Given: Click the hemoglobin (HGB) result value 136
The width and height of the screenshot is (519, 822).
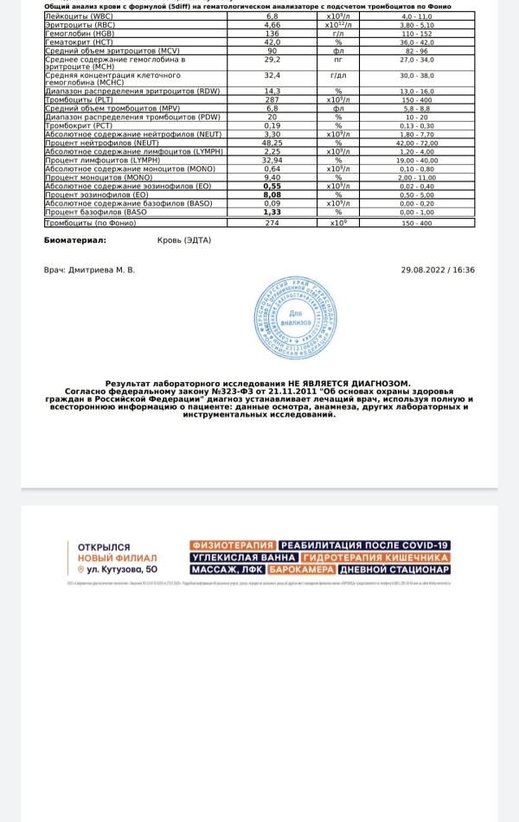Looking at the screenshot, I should click(x=272, y=33).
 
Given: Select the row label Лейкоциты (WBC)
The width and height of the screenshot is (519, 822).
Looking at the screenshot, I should click(x=75, y=16).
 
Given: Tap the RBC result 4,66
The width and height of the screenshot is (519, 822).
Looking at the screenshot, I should click(x=272, y=24).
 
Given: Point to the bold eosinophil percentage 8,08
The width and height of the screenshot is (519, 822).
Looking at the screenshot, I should click(x=272, y=195).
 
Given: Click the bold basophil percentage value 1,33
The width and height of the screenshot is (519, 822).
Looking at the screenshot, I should click(x=272, y=212).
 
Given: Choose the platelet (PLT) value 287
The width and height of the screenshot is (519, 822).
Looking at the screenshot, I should click(x=272, y=100).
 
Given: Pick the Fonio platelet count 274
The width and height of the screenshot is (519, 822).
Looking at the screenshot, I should click(x=272, y=223).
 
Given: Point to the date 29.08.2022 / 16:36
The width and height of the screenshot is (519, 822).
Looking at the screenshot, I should click(x=438, y=270).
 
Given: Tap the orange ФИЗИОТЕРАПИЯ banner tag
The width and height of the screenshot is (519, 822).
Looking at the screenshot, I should click(x=233, y=545).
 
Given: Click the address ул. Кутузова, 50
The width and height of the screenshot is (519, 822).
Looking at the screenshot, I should click(x=120, y=570).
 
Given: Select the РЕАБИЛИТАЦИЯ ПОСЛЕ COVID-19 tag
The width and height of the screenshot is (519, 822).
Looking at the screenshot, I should click(x=364, y=545).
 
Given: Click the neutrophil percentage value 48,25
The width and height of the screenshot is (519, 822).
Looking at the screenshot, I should click(x=272, y=143).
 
